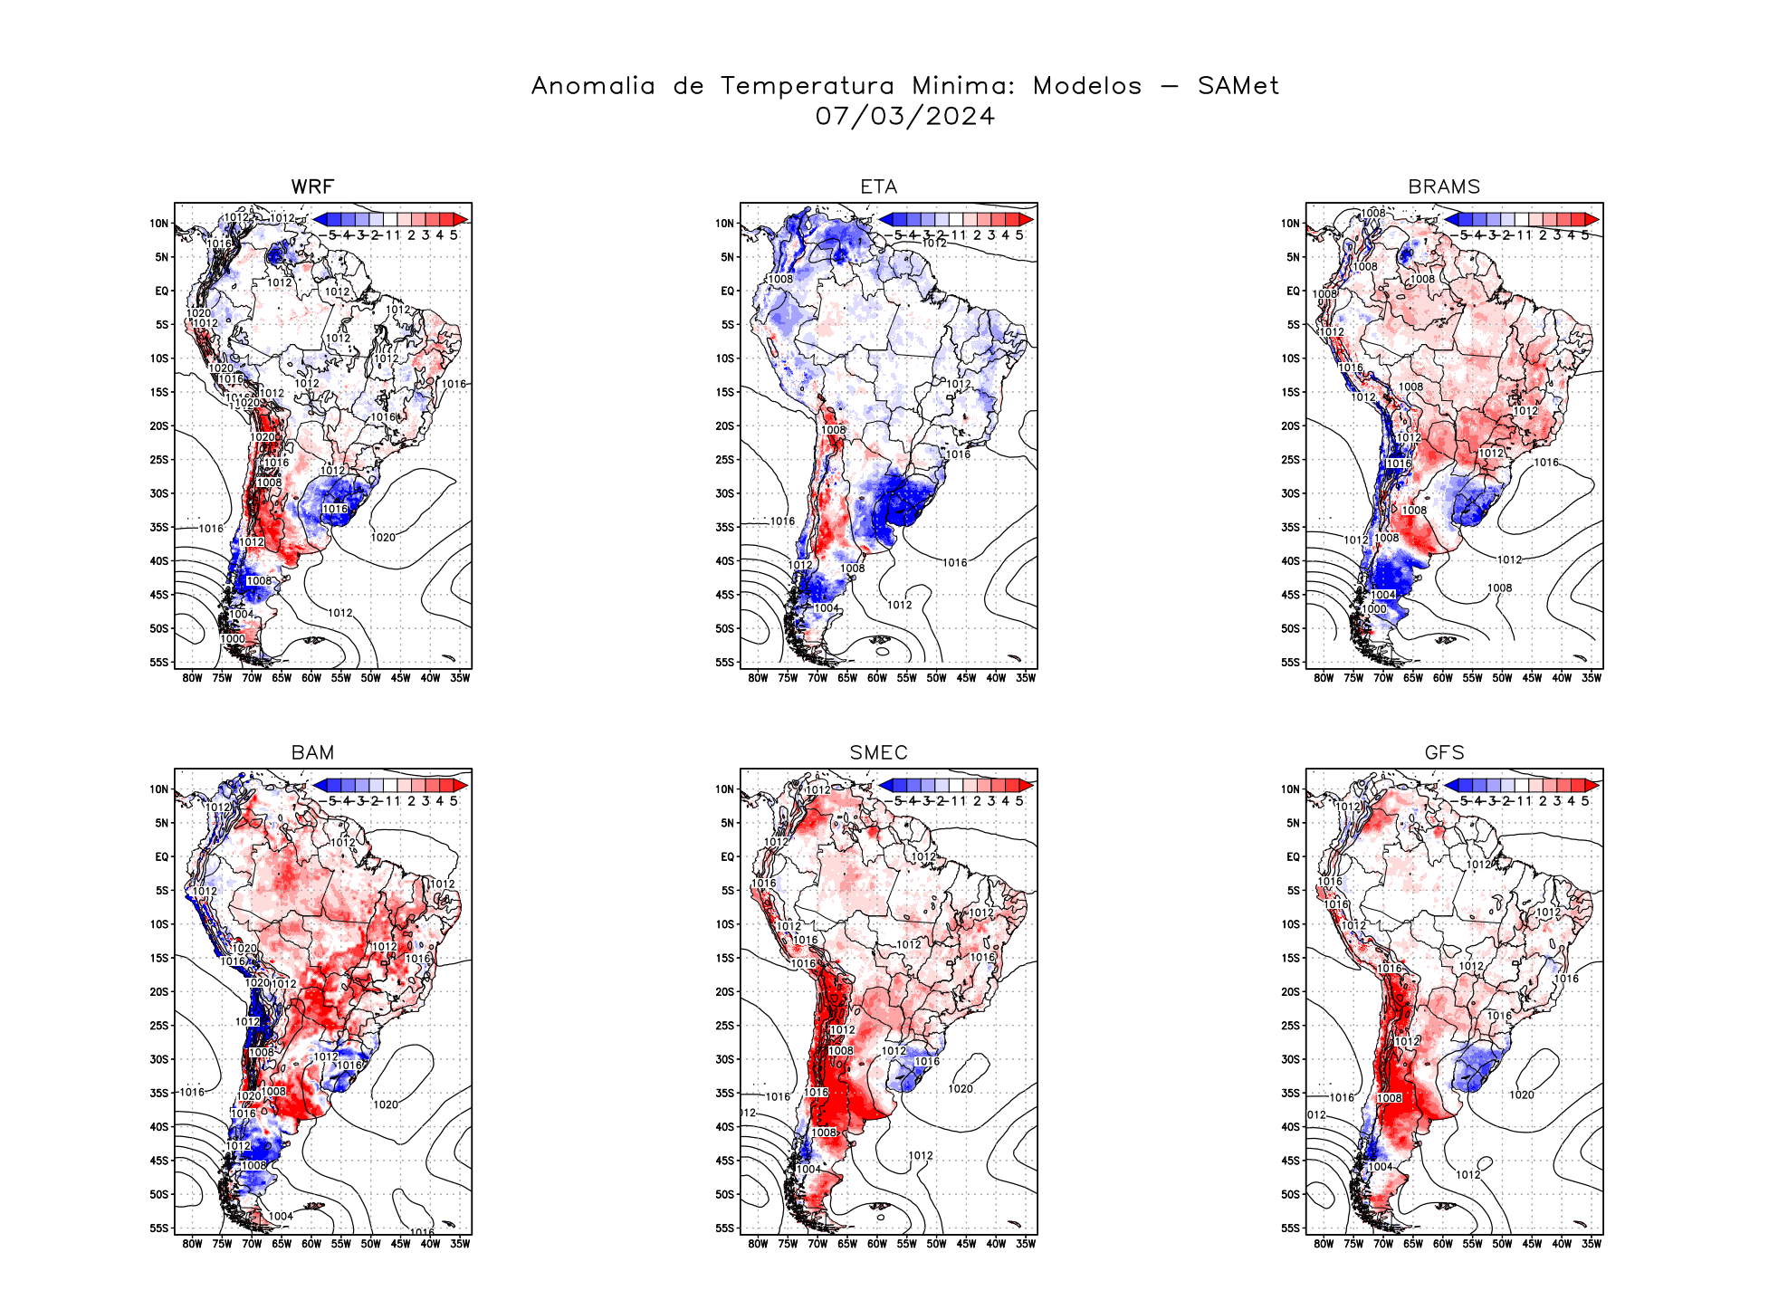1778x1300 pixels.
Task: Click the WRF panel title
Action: click(312, 186)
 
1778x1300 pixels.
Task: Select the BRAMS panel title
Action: click(1444, 186)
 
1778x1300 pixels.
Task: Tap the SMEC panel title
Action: click(878, 752)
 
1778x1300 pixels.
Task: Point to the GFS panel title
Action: click(1444, 752)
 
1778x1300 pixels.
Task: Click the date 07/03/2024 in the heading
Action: click(904, 116)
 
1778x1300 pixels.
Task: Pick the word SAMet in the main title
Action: click(1238, 86)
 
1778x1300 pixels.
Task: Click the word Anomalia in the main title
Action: click(593, 86)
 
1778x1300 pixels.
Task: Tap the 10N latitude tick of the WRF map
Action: click(159, 224)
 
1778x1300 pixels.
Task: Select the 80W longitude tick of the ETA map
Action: click(758, 678)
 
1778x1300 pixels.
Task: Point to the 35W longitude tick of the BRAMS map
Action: click(1592, 678)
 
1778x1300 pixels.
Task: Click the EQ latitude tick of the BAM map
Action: click(161, 856)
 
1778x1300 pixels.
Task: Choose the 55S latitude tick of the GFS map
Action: click(1291, 1228)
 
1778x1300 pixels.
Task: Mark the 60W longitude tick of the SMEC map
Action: click(877, 1244)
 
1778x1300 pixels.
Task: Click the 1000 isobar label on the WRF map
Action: click(233, 639)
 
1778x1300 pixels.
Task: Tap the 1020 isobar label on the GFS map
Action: click(1522, 1095)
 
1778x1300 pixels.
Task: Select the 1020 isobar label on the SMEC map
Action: click(961, 1089)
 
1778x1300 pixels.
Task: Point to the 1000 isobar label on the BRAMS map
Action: click(1374, 609)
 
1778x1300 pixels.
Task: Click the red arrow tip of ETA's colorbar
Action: click(1028, 219)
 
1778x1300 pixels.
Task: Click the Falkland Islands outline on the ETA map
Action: click(880, 640)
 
